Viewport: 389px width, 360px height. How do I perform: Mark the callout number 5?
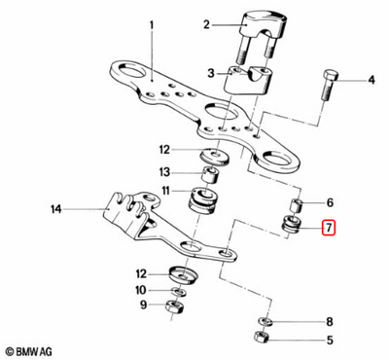[329, 340]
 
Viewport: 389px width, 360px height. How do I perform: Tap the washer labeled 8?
[265, 319]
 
